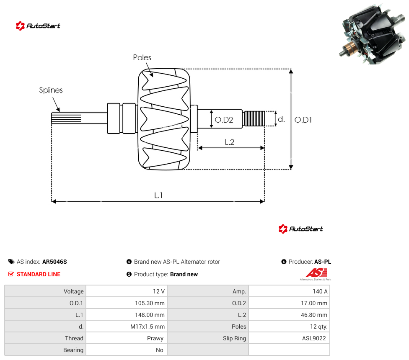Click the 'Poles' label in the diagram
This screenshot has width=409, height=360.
click(142, 58)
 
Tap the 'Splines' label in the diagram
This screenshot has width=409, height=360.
click(51, 90)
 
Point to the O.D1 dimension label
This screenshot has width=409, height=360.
click(303, 120)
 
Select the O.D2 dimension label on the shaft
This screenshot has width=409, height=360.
click(224, 120)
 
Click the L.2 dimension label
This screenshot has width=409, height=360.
click(230, 142)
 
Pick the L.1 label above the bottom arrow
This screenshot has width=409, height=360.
click(158, 195)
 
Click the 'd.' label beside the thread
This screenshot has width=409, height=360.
click(281, 119)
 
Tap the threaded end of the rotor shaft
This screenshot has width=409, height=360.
click(254, 119)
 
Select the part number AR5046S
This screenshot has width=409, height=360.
click(54, 262)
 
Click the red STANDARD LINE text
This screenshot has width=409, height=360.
click(39, 274)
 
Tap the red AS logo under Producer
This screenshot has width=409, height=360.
click(316, 274)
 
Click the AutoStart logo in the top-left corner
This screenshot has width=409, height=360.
click(38, 26)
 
